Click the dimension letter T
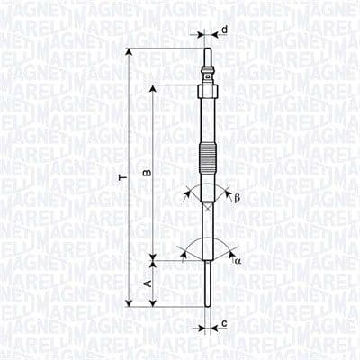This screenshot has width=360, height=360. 124,179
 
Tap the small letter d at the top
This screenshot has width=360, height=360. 223,31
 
